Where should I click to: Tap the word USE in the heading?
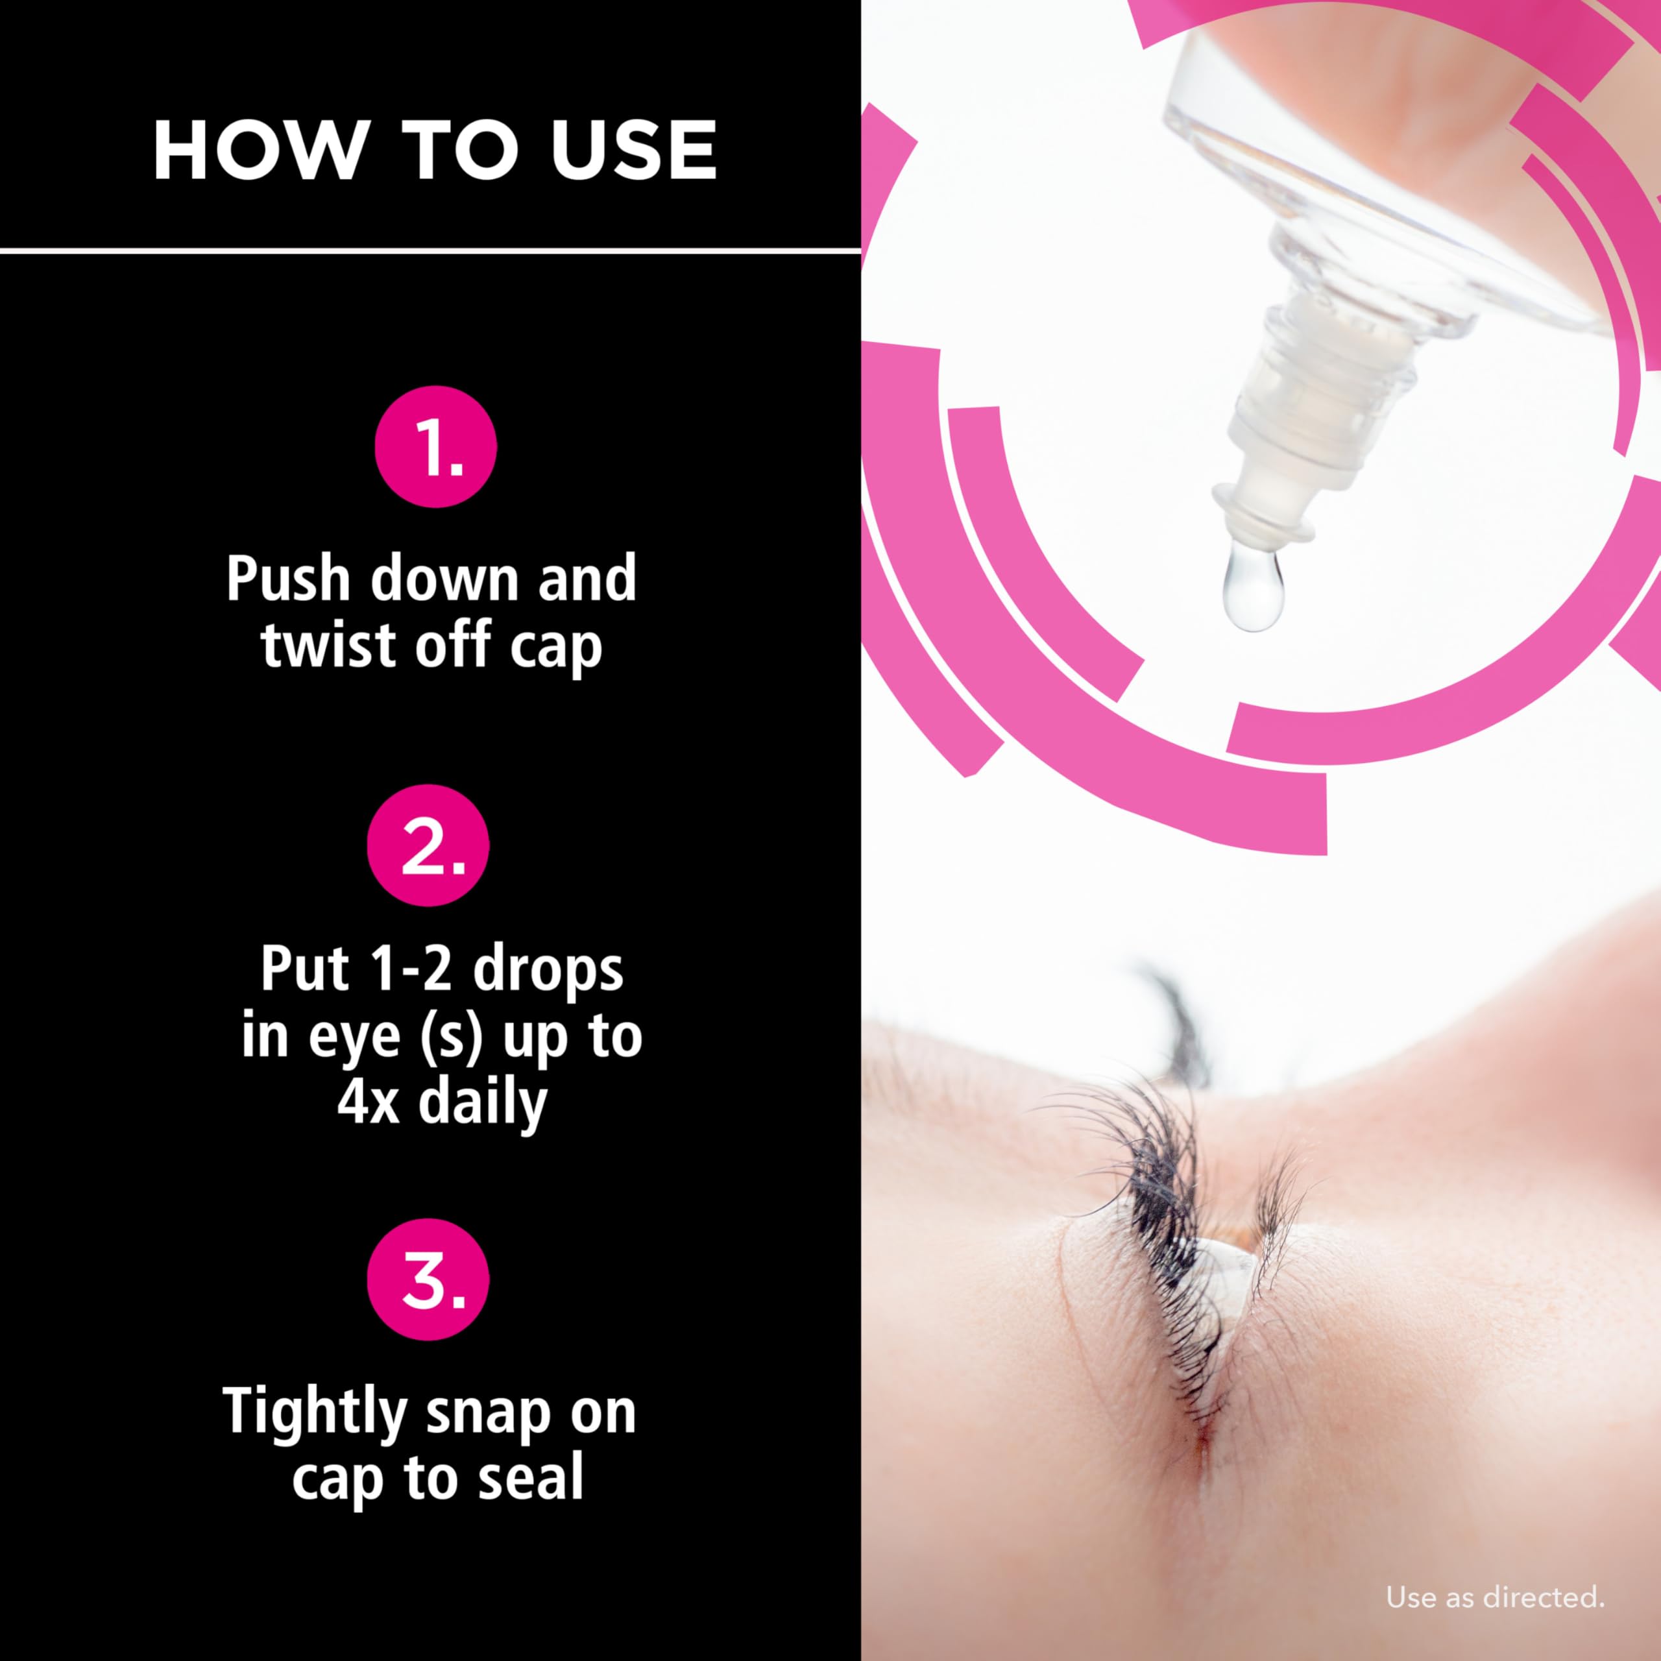click(x=634, y=151)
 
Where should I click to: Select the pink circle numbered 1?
click(x=436, y=446)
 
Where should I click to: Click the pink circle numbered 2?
click(x=428, y=845)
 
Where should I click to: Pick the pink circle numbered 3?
click(x=428, y=1279)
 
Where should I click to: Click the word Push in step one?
click(x=288, y=579)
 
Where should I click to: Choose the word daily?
click(x=482, y=1105)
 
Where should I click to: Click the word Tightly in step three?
click(x=315, y=1414)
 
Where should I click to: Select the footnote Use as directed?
click(x=1495, y=1597)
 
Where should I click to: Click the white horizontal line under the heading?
click(x=430, y=251)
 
